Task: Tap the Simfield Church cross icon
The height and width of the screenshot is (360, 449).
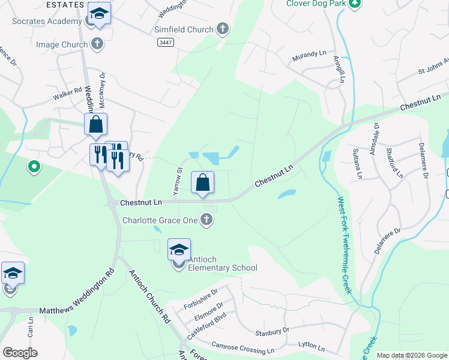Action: coord(223,29)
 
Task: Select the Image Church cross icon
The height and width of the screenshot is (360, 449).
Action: coord(97,44)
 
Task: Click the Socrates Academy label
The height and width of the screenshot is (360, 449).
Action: coord(47,22)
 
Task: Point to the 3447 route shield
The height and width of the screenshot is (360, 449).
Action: coord(165,42)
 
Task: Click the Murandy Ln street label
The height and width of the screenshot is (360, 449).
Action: coord(309,57)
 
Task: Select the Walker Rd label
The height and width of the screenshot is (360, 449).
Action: coord(67,92)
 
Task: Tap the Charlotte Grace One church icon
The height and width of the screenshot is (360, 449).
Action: coord(207,220)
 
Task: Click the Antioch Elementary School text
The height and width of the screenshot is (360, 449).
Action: coord(222,268)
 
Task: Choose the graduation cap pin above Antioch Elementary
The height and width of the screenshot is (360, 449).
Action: coord(179,249)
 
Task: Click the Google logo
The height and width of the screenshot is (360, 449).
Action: coord(20,353)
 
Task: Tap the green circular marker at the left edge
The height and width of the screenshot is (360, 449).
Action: coord(34,166)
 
